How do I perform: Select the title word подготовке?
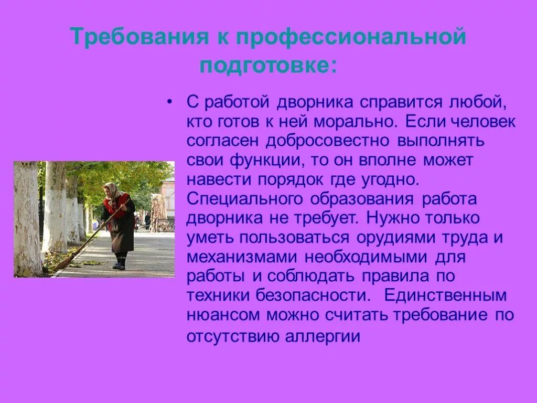coord(268,66)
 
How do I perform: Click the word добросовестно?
coord(327,141)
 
